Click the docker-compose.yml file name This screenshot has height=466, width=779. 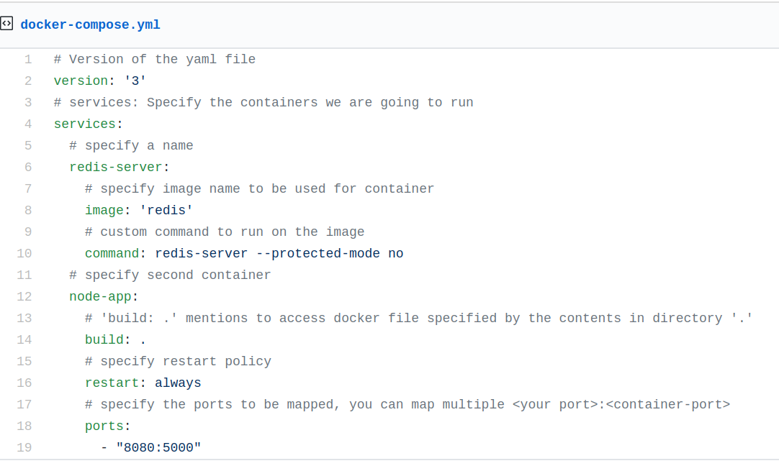point(90,25)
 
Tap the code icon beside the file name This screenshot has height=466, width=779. point(6,24)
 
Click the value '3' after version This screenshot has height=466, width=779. point(135,81)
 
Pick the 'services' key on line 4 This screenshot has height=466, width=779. point(84,124)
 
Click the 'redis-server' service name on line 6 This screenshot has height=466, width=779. point(116,167)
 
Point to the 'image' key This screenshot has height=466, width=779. point(104,210)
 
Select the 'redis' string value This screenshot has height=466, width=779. point(166,210)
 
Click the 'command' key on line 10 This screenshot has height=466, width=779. point(112,253)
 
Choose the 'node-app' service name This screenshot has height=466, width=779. point(100,296)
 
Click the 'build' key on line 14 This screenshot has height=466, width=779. point(104,339)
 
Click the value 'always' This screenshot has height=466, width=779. point(178,383)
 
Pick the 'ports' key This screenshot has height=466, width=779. point(104,426)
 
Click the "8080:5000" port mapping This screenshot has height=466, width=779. point(158,447)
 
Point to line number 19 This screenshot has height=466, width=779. point(24,447)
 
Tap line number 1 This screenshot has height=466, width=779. point(28,59)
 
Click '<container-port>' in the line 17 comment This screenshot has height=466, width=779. point(668,404)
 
